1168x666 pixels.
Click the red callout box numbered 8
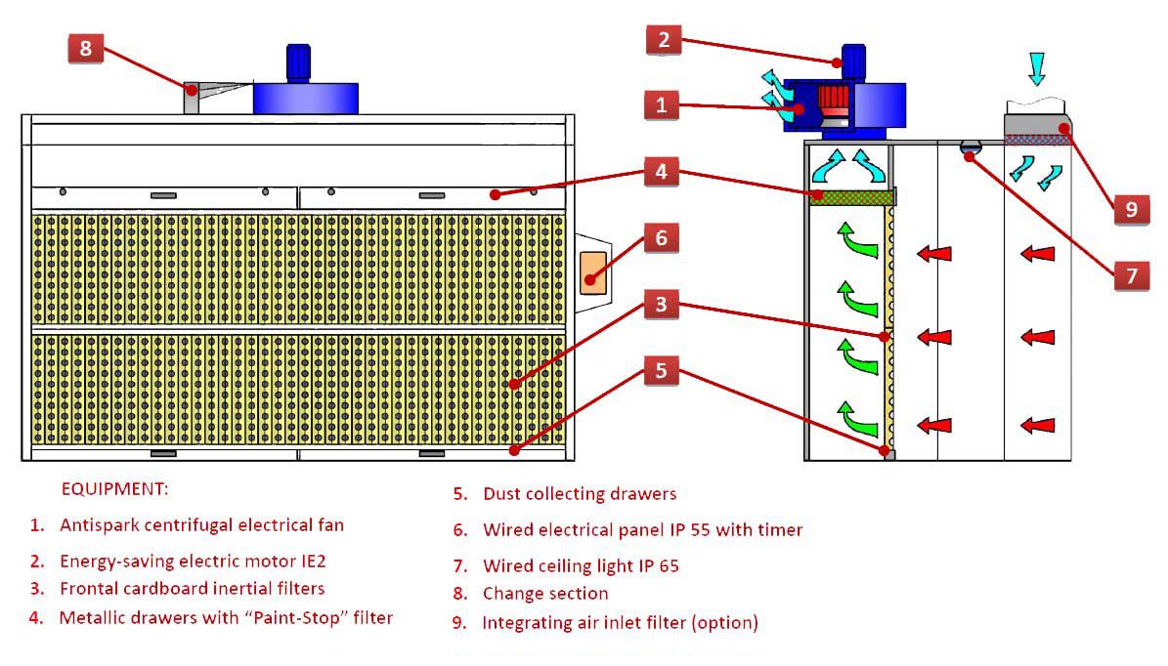pos(86,48)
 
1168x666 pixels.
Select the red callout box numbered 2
pos(663,41)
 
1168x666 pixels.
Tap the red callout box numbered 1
pos(662,104)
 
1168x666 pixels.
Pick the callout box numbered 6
pos(662,238)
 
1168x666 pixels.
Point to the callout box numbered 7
pos(1131,276)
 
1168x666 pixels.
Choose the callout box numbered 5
pos(662,371)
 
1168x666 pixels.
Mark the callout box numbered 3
pos(662,305)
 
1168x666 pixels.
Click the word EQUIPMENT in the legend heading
pos(113,488)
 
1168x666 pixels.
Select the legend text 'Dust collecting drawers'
pos(579,494)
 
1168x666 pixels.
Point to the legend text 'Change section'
pos(544,594)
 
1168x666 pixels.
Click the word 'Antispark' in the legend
pos(97,525)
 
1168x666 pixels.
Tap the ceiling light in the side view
pos(970,148)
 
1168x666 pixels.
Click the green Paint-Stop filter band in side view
pos(851,197)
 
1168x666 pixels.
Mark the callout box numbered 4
pos(662,174)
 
